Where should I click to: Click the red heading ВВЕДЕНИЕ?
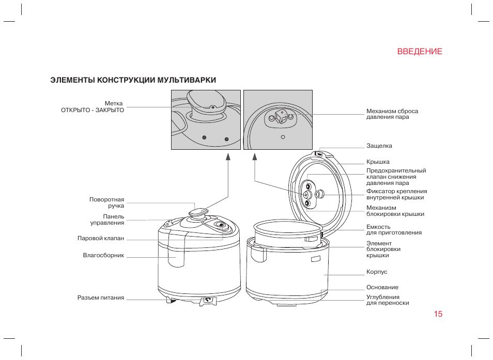point(420,52)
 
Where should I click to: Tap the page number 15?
point(438,314)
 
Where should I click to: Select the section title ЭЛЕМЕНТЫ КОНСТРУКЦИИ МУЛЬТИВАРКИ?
point(133,80)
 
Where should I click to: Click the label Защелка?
point(379,146)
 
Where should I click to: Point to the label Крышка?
point(378,162)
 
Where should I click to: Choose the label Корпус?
point(377,272)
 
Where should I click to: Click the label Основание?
point(382,287)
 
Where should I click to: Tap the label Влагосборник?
point(103,256)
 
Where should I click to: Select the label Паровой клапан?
point(101,239)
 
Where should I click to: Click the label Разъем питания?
point(101,298)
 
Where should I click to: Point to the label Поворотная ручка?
point(106,203)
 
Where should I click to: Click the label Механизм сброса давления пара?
point(392,114)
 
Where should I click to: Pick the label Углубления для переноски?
point(388,300)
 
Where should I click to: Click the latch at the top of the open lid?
point(319,153)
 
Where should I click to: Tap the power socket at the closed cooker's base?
point(208,300)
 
